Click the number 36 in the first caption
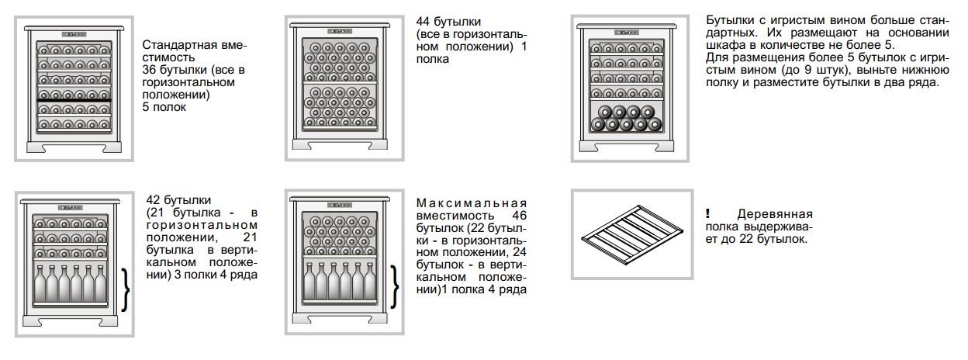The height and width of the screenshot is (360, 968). pyautogui.click(x=150, y=70)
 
